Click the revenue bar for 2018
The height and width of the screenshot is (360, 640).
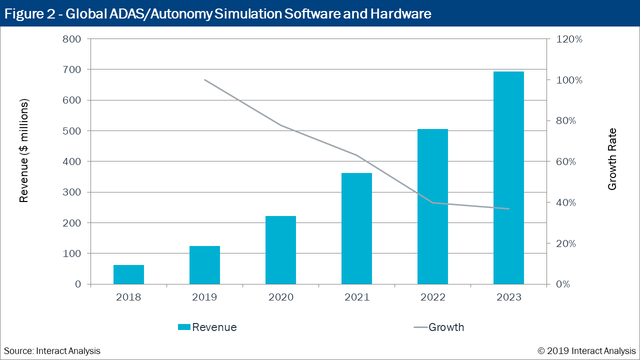(x=128, y=274)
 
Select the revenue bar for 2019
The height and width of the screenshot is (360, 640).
(x=204, y=265)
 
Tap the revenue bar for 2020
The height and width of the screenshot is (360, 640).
(x=280, y=250)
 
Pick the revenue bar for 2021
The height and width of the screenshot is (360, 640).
(x=356, y=228)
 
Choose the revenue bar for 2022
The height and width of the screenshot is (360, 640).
(x=432, y=206)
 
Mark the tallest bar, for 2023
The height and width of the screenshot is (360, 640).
(x=508, y=178)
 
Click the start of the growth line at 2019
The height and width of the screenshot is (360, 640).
(x=204, y=80)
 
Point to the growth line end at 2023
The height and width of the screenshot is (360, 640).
(x=508, y=208)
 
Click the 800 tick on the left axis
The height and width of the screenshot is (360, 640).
(x=71, y=39)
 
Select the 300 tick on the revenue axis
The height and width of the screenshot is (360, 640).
(x=71, y=192)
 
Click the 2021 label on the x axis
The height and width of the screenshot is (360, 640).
(x=356, y=297)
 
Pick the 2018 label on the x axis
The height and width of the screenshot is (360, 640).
(x=128, y=297)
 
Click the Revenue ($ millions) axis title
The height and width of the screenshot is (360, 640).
(x=24, y=150)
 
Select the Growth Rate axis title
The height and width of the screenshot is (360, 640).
(x=612, y=159)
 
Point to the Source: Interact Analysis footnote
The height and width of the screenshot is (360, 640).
(x=52, y=351)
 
